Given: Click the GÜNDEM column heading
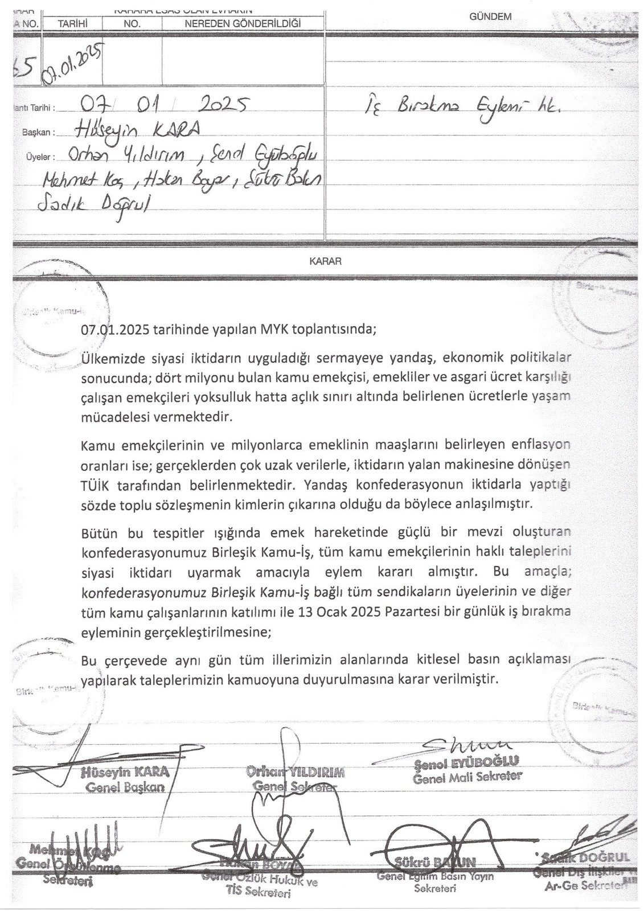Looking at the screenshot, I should [x=490, y=17].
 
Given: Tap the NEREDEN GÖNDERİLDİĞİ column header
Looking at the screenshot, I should [x=243, y=23].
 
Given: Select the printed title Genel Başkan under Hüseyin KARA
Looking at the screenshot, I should [x=125, y=787].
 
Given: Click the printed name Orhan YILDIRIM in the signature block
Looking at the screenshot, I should [x=296, y=773].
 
